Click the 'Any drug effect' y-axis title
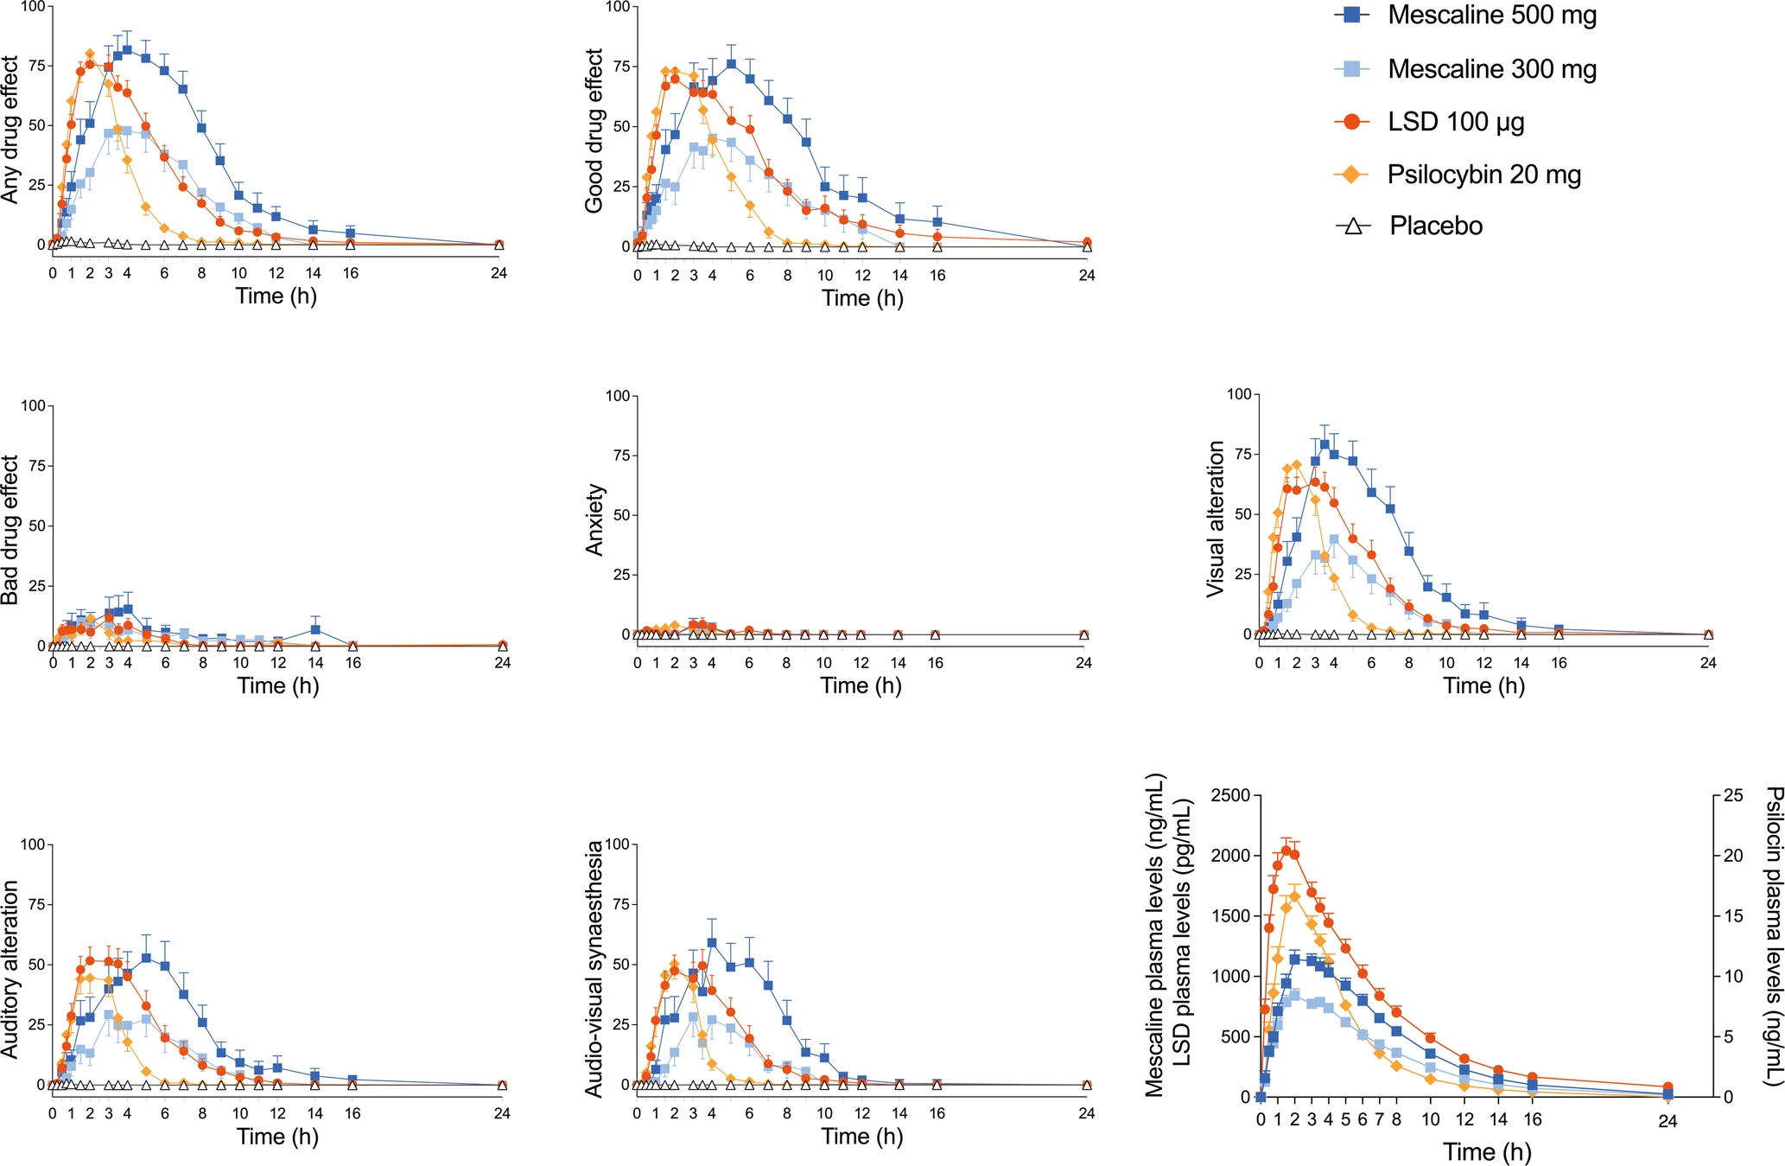tap(10, 130)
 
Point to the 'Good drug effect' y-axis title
tap(594, 131)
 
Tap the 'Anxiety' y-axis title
tap(594, 519)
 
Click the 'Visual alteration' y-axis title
tap(1216, 519)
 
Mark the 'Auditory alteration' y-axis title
tap(10, 969)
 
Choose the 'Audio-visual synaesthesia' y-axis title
tap(594, 969)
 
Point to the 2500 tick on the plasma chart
tap(1230, 795)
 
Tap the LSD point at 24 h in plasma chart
tap(1667, 1087)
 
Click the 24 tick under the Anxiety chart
tap(1084, 663)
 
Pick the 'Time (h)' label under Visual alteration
tap(1483, 685)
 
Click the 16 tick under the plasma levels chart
tap(1532, 1119)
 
